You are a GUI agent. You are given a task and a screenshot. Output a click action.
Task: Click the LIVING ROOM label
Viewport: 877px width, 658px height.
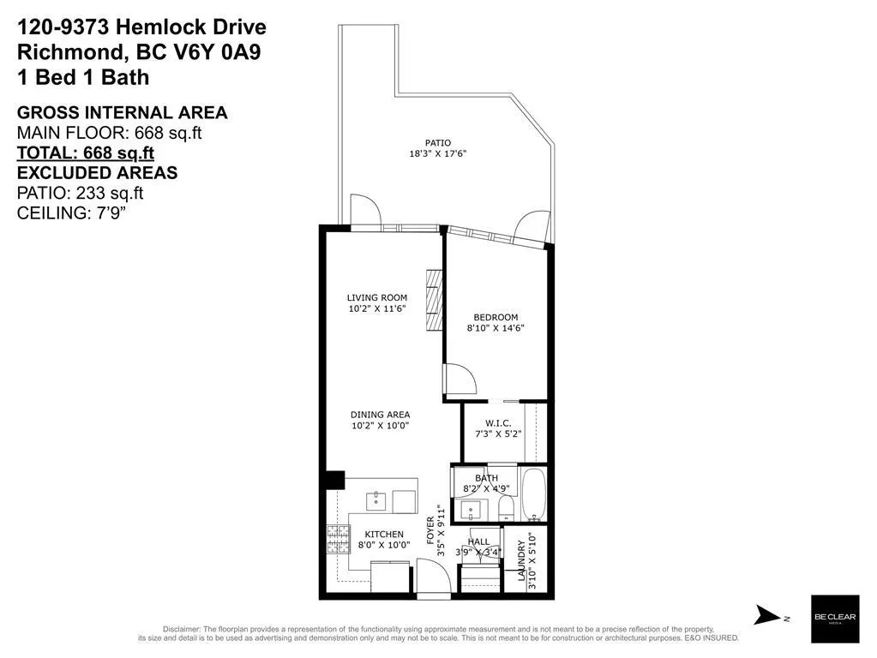click(377, 298)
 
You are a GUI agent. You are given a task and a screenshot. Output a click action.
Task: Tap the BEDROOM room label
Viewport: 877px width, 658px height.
click(496, 318)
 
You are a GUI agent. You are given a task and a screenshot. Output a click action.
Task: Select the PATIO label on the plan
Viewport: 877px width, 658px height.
click(438, 143)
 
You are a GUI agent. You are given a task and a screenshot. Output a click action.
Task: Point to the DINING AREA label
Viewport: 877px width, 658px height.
click(381, 415)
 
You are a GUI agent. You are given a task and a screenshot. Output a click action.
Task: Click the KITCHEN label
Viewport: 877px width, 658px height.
click(384, 535)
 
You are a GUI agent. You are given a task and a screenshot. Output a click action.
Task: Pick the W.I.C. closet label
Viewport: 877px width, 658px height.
click(498, 424)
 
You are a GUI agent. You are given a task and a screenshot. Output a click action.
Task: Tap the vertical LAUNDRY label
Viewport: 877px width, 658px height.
click(522, 560)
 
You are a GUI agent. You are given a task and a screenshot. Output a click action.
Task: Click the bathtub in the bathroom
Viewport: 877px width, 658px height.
click(533, 494)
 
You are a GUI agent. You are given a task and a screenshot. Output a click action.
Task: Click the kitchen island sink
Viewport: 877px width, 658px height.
click(376, 501)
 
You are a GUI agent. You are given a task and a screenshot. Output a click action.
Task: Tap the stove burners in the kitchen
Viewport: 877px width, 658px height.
click(339, 540)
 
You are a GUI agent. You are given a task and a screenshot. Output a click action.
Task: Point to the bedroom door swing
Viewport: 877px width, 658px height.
click(460, 380)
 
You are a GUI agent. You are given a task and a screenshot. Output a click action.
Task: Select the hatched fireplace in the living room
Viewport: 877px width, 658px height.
click(435, 301)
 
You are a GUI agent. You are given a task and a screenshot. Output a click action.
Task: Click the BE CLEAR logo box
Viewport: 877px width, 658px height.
click(835, 619)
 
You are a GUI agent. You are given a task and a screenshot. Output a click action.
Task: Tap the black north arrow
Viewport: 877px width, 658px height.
click(767, 615)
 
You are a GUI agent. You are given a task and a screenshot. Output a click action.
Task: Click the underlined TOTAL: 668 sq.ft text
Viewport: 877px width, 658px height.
click(86, 153)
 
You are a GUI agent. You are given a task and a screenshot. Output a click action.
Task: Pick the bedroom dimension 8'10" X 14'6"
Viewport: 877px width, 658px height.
click(496, 328)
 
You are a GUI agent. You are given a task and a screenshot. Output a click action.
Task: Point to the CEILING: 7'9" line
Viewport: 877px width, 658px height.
click(69, 213)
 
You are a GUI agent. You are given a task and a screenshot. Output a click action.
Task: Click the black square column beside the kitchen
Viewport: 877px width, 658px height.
click(334, 481)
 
